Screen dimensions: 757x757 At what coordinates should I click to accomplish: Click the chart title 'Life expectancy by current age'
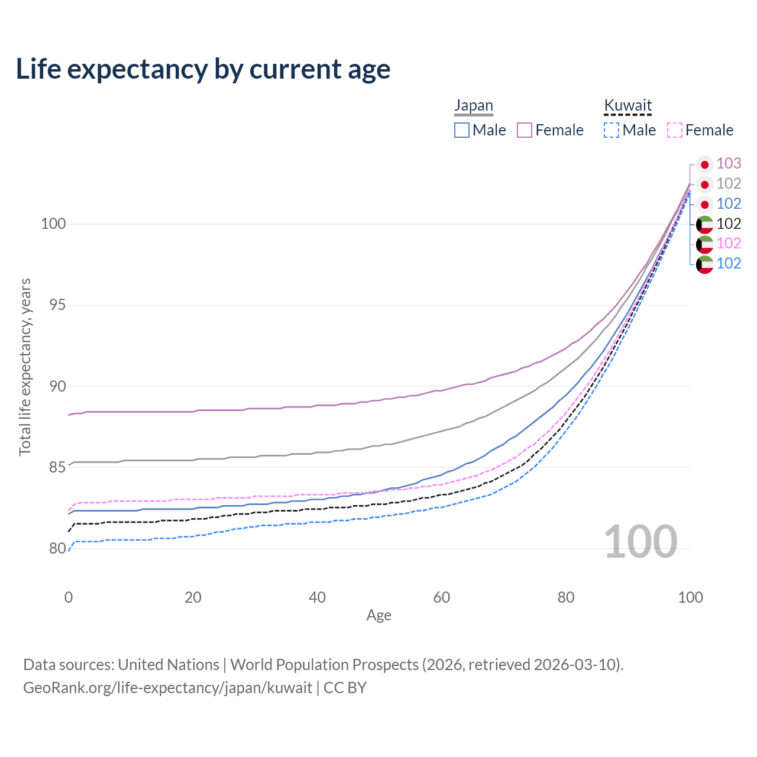tap(203, 69)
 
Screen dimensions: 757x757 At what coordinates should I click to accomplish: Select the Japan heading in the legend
tap(473, 105)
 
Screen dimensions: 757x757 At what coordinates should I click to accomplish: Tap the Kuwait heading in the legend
tap(627, 105)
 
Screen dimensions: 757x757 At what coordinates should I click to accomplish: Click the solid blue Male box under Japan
tap(462, 130)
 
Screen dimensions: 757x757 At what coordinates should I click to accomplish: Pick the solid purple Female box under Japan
tap(525, 130)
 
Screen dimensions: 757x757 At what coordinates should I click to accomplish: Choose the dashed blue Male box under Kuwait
tap(612, 130)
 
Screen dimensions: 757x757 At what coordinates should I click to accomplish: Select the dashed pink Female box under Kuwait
tap(675, 130)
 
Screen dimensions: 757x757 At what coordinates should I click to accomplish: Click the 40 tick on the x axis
tap(317, 597)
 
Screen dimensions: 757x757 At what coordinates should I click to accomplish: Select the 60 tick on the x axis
tap(442, 597)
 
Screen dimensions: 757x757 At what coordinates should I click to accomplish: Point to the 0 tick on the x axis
tap(69, 597)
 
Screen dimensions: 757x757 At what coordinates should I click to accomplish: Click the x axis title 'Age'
tap(378, 616)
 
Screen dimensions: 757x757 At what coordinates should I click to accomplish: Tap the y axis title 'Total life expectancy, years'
tap(25, 367)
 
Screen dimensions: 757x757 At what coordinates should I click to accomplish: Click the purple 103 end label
tap(729, 163)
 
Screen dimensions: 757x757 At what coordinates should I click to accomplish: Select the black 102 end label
tap(729, 224)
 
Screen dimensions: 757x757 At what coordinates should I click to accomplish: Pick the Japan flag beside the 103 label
tap(704, 164)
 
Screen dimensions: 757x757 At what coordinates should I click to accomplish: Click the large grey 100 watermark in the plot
tap(640, 542)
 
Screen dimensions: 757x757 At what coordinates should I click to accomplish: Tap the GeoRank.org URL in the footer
tap(167, 688)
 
